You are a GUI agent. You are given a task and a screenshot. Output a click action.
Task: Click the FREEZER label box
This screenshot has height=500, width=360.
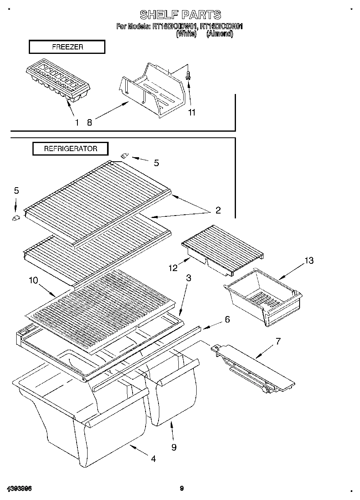(67, 47)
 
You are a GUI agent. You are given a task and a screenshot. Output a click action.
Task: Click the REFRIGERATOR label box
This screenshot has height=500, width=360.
(71, 149)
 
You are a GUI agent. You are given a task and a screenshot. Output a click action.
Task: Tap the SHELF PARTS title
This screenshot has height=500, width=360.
(180, 15)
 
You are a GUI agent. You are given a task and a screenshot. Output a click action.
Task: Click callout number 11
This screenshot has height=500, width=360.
(191, 113)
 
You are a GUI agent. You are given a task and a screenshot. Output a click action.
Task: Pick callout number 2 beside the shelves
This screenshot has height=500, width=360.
(218, 210)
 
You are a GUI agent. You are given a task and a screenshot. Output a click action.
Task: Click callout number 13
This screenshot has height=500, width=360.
(309, 261)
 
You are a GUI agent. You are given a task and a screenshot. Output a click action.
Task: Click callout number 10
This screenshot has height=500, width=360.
(33, 280)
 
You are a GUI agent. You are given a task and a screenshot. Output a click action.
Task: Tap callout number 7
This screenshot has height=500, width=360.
(278, 341)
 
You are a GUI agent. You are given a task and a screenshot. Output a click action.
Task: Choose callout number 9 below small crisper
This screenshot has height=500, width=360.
(174, 447)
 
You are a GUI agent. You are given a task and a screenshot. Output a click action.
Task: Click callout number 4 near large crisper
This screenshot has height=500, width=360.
(153, 459)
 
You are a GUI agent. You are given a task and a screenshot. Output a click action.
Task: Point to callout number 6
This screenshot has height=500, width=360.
(227, 319)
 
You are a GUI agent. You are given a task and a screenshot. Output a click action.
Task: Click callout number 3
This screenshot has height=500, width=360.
(189, 278)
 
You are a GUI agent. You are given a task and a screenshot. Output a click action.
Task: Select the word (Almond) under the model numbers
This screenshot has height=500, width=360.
(220, 34)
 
